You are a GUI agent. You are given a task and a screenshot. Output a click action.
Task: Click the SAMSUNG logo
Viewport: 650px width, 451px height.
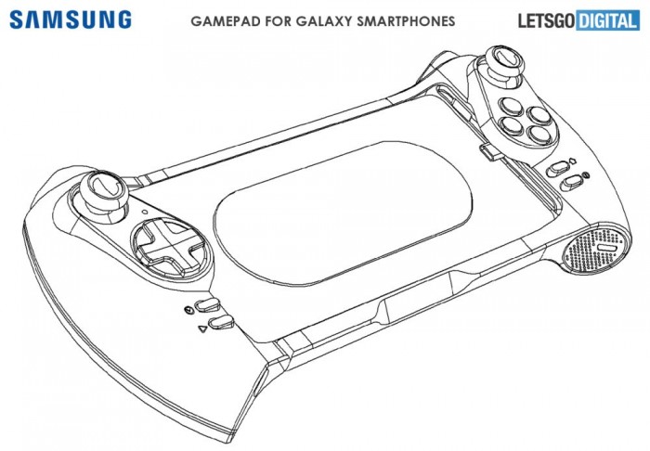tap(71, 19)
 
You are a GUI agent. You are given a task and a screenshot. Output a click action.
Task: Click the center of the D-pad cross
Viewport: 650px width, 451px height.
tap(166, 243)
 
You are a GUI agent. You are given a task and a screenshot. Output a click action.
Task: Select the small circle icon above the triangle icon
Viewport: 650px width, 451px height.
tap(189, 309)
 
